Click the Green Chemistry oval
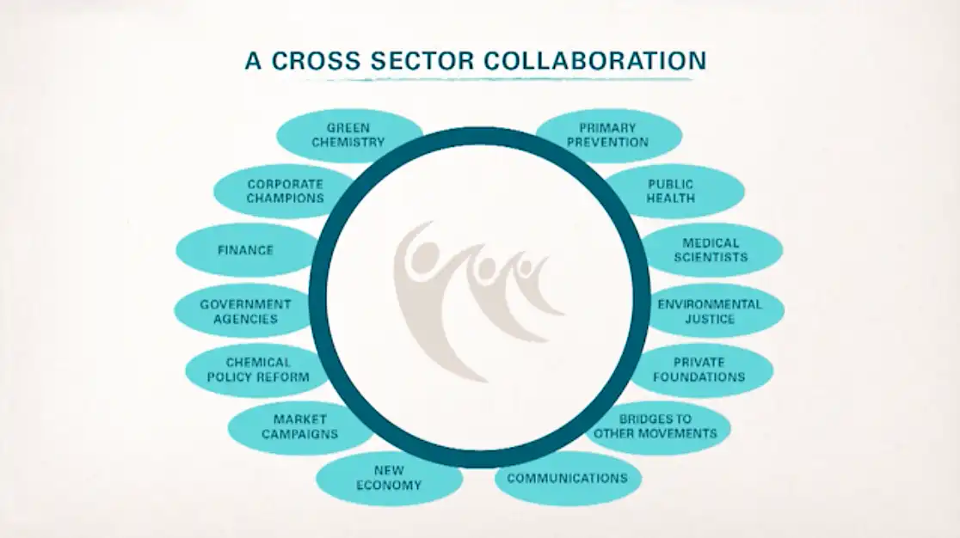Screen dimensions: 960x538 click(349, 135)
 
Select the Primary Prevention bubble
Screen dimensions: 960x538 click(608, 135)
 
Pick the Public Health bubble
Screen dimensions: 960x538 click(672, 192)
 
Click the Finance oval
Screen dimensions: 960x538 click(245, 250)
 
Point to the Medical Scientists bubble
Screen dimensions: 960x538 click(711, 250)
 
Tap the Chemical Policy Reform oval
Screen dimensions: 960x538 click(257, 370)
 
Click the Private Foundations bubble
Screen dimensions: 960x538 click(700, 370)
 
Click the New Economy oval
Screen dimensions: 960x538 click(390, 478)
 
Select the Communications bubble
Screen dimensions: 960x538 click(568, 478)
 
